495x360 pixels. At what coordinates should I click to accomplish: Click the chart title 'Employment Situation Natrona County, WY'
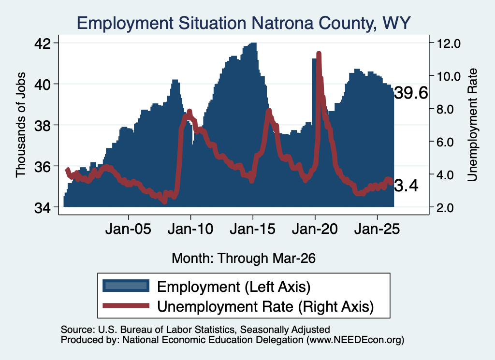(x=244, y=23)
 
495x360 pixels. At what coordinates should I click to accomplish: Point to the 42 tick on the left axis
(x=43, y=43)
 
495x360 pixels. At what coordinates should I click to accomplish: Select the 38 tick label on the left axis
(x=43, y=126)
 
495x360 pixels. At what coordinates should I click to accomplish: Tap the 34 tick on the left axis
(x=43, y=208)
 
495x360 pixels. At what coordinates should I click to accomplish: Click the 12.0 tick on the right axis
(x=449, y=43)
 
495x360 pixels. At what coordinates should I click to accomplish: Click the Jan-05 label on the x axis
(x=128, y=229)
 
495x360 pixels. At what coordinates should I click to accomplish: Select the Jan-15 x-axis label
(x=252, y=229)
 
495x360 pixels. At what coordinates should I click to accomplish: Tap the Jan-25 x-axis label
(x=377, y=229)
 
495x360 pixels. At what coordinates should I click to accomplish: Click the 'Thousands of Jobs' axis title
(x=20, y=125)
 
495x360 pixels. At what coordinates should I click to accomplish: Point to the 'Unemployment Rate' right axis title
(x=472, y=125)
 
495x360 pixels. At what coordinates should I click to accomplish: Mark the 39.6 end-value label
(x=411, y=93)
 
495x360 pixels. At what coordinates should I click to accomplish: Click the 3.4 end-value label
(x=406, y=186)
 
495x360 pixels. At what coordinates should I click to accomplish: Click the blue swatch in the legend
(x=126, y=286)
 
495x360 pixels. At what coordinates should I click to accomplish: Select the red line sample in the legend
(x=126, y=305)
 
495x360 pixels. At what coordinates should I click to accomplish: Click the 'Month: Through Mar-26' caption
(x=244, y=258)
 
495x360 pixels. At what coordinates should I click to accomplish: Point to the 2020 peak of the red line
(x=319, y=54)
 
